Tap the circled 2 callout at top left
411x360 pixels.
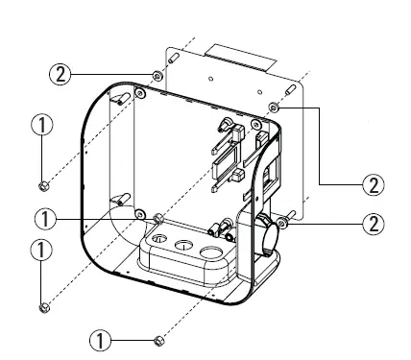[62, 74]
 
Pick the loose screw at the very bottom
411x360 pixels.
[158, 340]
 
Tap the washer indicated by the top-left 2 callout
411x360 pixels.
[156, 75]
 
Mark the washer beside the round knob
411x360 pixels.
[285, 224]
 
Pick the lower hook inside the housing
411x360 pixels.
[122, 199]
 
